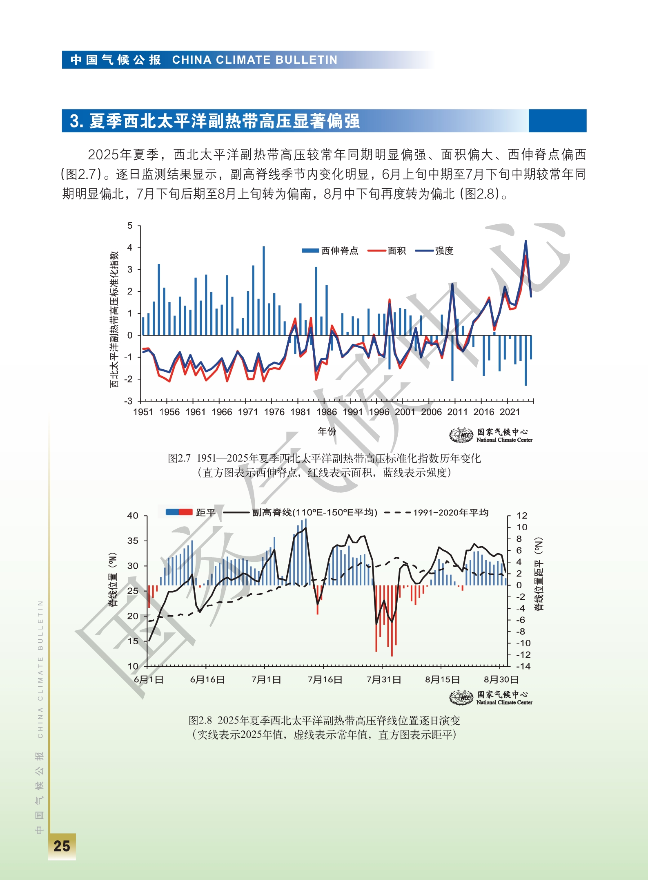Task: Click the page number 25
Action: click(62, 846)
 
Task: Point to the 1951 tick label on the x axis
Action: click(143, 412)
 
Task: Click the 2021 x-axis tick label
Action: click(510, 412)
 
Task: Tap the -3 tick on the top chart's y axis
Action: click(129, 401)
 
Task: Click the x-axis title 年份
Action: click(327, 431)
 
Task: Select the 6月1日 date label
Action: click(149, 679)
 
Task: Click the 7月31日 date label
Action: click(383, 679)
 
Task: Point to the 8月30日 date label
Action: click(501, 679)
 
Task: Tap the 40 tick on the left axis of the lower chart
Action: click(133, 516)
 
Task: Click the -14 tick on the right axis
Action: click(523, 666)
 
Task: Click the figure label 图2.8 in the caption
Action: click(200, 720)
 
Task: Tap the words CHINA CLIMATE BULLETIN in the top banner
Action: click(255, 60)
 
